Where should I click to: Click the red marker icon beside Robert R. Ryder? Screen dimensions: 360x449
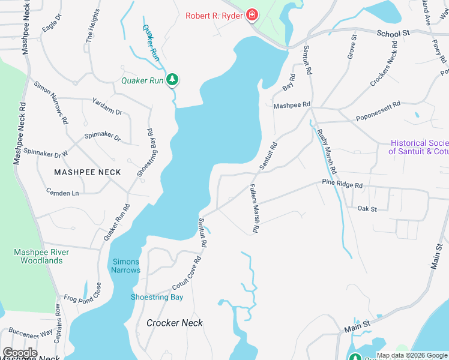(253, 15)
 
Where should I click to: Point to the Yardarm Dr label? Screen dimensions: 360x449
(107, 107)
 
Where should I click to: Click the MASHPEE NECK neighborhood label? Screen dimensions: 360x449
(87, 172)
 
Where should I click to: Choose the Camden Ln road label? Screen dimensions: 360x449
(62, 193)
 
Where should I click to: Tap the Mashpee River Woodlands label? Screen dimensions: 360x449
(41, 256)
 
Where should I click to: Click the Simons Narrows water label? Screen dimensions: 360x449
(125, 266)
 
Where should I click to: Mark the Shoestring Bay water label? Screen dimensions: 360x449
(157, 297)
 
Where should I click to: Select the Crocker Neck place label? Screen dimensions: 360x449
(175, 323)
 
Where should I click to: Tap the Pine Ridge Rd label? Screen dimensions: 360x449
(342, 184)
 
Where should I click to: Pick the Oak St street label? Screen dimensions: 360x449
(367, 209)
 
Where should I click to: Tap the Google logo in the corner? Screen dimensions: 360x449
(19, 353)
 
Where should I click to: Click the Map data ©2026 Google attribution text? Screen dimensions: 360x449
(411, 355)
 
